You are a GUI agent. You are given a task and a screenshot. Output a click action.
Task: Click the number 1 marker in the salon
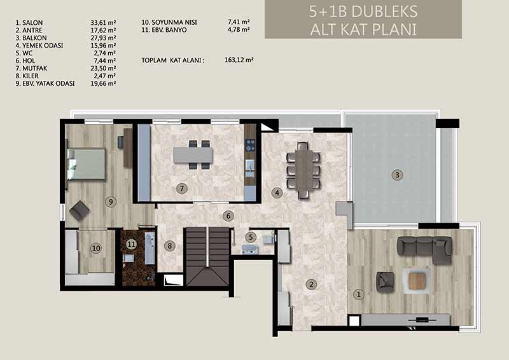[359, 294]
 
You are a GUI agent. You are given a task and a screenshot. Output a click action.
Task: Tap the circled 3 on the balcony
[397, 176]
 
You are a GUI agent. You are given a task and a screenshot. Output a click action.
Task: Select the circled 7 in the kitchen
[182, 188]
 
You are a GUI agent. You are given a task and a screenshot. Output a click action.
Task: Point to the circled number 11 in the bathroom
[131, 244]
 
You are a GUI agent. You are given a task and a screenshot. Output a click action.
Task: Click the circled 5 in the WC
[251, 237]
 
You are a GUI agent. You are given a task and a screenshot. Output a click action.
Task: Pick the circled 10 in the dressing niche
[96, 249]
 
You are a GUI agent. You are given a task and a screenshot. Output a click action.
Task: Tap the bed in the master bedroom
[87, 164]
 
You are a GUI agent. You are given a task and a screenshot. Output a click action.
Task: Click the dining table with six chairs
[303, 170]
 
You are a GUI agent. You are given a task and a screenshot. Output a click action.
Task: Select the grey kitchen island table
[193, 155]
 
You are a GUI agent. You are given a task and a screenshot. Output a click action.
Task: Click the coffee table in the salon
[417, 280]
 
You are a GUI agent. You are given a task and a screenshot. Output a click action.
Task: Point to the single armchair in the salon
[385, 282]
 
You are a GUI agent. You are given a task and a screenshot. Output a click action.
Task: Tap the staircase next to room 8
[207, 256]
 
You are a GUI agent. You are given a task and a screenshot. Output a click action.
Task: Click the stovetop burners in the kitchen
[250, 145]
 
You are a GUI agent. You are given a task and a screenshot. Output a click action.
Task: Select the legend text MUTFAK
[35, 68]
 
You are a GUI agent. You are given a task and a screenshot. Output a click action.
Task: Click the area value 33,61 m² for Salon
[103, 23]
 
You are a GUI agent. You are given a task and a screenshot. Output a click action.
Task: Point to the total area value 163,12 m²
[239, 60]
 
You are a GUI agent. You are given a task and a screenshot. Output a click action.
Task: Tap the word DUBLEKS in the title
[384, 11]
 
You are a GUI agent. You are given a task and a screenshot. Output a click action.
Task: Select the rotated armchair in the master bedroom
[79, 211]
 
